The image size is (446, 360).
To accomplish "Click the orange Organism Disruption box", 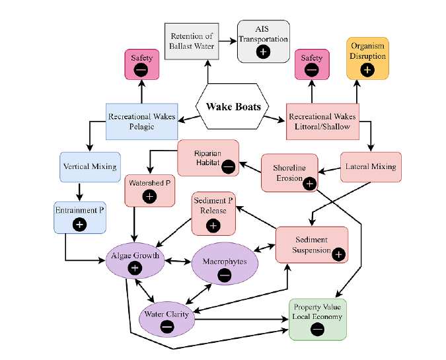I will (367, 57).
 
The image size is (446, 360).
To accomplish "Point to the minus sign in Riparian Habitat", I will (228, 166).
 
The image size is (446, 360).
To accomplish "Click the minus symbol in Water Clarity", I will (167, 326).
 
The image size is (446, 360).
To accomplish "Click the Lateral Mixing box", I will (371, 167).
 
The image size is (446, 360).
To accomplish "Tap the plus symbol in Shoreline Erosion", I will (309, 183).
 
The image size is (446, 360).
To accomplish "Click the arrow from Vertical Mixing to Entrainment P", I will (81, 190).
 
